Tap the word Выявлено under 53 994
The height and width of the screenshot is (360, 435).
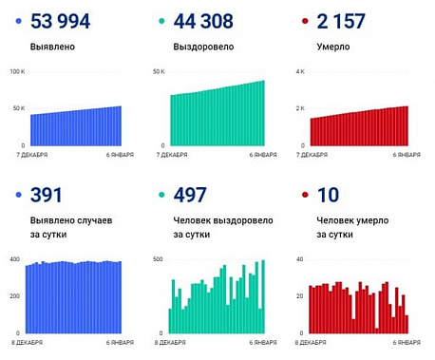[x=53, y=46]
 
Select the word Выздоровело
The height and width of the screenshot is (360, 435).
[x=200, y=46]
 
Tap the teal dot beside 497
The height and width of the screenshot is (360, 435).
[x=162, y=196]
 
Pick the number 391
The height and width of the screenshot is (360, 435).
[x=47, y=196]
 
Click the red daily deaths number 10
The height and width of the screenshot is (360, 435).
[x=327, y=196]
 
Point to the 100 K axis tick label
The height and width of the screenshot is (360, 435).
[x=16, y=71]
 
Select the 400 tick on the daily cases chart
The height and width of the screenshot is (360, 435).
[x=14, y=258]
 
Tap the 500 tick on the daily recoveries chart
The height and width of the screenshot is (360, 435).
[x=158, y=258]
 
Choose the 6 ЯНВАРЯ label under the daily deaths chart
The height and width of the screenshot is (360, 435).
[x=408, y=341]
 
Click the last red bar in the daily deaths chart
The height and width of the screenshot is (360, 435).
[x=407, y=324]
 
